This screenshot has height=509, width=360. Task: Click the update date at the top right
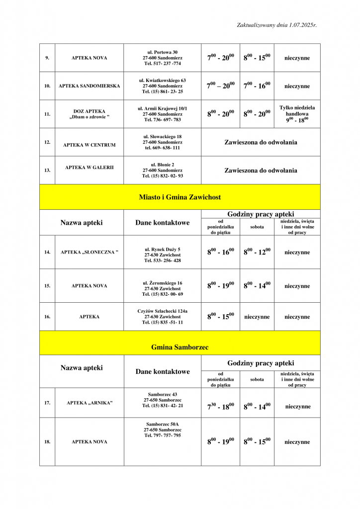tap(276, 24)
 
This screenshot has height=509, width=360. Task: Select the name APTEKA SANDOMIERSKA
tap(90, 86)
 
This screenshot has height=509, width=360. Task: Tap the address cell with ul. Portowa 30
tap(163, 58)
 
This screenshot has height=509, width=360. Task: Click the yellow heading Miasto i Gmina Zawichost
tap(180, 197)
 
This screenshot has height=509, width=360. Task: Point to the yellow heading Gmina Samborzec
tap(180, 347)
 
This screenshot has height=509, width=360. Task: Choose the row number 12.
tap(47, 142)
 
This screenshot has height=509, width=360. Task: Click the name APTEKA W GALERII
tap(90, 168)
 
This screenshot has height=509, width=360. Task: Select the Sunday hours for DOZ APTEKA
tap(297, 114)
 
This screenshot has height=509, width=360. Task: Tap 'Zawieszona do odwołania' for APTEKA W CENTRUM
tap(261, 142)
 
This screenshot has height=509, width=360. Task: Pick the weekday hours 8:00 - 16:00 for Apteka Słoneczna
tap(220, 252)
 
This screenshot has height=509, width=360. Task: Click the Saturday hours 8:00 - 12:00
tap(257, 252)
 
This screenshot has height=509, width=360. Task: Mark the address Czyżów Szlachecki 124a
tap(163, 317)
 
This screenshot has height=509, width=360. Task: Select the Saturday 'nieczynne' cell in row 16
tap(257, 317)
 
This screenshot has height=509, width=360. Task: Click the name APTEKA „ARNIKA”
tap(90, 403)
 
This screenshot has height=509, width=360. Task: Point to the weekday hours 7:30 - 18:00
tap(220, 407)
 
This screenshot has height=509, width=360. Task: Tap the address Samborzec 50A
tap(163, 429)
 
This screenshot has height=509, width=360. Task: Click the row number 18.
tap(47, 442)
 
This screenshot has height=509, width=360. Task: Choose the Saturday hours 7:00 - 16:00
tap(257, 86)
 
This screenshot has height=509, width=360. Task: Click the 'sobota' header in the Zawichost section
tap(257, 227)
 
